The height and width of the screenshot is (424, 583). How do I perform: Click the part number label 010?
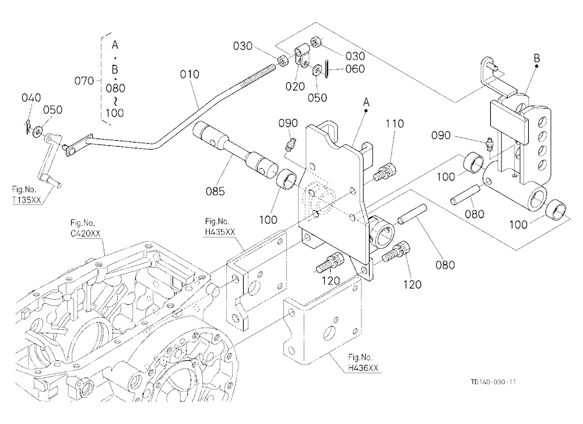coord(189,75)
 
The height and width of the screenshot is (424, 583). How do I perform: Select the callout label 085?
coord(215,192)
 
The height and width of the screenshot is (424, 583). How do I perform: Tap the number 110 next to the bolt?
coord(395,124)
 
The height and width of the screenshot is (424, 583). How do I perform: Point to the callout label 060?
coord(355,69)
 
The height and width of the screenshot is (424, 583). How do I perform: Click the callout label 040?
coord(31,98)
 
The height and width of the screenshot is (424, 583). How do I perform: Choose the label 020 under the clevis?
coord(295,87)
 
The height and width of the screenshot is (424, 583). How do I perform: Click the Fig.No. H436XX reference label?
coord(363,363)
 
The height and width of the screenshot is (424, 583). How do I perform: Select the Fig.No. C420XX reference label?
coord(85,228)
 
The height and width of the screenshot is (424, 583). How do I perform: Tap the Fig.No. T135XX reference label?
coord(26,194)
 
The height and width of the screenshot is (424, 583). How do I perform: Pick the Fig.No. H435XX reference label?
coord(220,227)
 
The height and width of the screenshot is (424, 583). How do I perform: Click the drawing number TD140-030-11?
coord(493,382)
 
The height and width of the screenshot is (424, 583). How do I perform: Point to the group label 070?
coord(84,81)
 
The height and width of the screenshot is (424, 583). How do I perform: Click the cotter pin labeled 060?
coord(326,69)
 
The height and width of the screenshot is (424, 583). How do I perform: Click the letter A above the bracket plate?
coord(366,102)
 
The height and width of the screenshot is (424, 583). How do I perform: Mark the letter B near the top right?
coord(536,58)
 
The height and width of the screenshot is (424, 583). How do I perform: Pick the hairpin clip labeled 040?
coord(28,126)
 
